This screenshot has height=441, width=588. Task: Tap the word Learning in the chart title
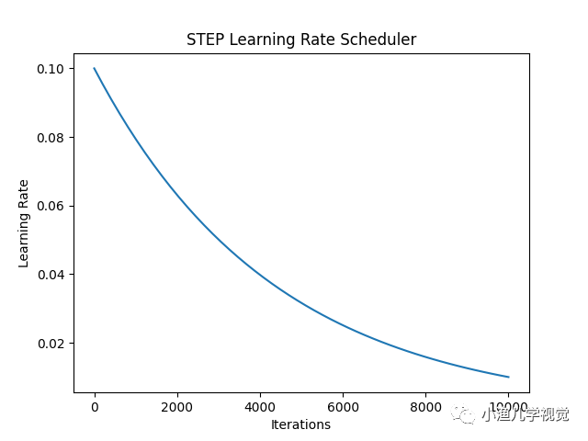259,40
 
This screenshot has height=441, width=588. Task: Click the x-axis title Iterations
300,424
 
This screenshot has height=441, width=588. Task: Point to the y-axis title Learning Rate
24,223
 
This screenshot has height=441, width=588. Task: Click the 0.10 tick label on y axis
51,69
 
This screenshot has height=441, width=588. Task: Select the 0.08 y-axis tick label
51,138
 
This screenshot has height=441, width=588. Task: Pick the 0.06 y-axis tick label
51,206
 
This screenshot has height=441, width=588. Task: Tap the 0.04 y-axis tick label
51,275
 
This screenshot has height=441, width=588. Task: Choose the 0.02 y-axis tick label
51,344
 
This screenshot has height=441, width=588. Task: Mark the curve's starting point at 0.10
94,68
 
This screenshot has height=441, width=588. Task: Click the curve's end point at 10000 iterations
508,377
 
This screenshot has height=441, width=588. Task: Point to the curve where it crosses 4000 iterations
259,274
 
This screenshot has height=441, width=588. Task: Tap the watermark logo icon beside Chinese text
467,415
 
